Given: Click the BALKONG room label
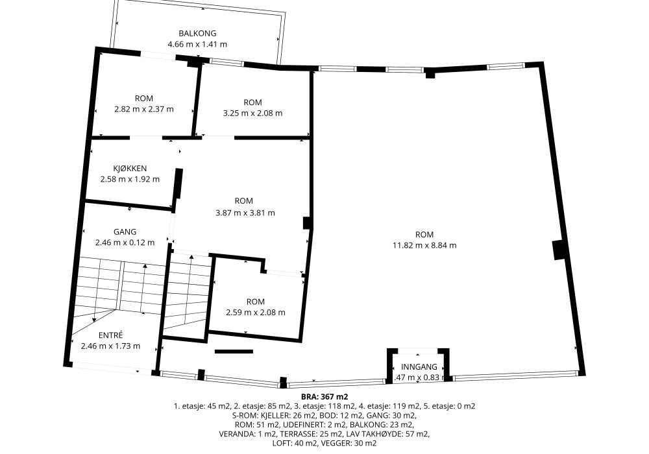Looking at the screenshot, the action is point(197,33).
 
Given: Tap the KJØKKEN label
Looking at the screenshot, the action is point(130,168).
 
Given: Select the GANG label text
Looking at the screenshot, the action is point(125,232).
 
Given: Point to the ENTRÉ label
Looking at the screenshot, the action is point(110,335).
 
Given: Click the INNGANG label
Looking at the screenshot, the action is point(419,366).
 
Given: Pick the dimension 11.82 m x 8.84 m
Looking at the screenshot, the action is point(424,245).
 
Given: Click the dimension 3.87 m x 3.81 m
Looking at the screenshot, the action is point(245,213).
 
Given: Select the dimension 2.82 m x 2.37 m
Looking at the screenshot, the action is point(144,109).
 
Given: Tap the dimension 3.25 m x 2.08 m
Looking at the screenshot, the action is point(252,113).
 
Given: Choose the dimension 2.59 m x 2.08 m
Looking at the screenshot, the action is point(255,312).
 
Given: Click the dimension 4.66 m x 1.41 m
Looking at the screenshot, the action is point(197,44).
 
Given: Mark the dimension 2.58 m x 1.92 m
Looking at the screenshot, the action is point(130,179).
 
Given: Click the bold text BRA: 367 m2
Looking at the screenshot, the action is point(324,397).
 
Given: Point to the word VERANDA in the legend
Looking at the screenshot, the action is point(235,434).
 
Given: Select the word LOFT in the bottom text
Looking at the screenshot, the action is point(282,443).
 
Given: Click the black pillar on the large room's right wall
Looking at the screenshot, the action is point(559,250).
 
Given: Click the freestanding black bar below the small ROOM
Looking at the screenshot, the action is point(234,352).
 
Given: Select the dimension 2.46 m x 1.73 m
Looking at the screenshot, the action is point(110,346).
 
